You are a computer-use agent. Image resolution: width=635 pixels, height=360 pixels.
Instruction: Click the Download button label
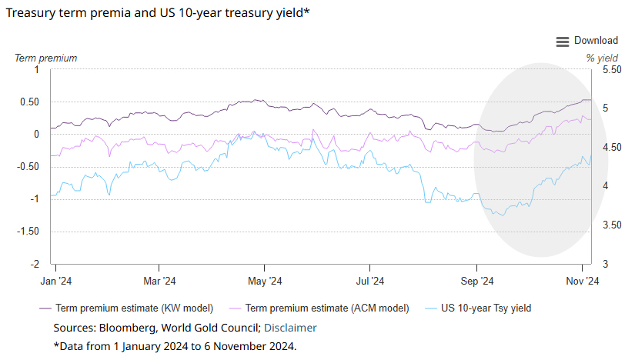[x=596, y=41]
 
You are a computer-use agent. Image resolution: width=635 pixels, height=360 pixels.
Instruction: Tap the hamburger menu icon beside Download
[x=563, y=42]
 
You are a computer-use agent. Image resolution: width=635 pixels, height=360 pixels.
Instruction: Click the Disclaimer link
[x=290, y=328]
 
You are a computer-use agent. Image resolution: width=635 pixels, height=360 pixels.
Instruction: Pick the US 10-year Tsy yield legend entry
[x=486, y=308]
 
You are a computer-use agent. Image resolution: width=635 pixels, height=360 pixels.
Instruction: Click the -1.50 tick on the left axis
[x=28, y=232]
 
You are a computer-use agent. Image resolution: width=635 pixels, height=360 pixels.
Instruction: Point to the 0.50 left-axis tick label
[x=29, y=102]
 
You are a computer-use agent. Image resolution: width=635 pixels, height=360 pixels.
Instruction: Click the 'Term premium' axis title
[x=46, y=58]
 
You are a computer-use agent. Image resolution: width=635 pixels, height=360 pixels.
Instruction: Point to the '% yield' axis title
[x=602, y=58]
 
